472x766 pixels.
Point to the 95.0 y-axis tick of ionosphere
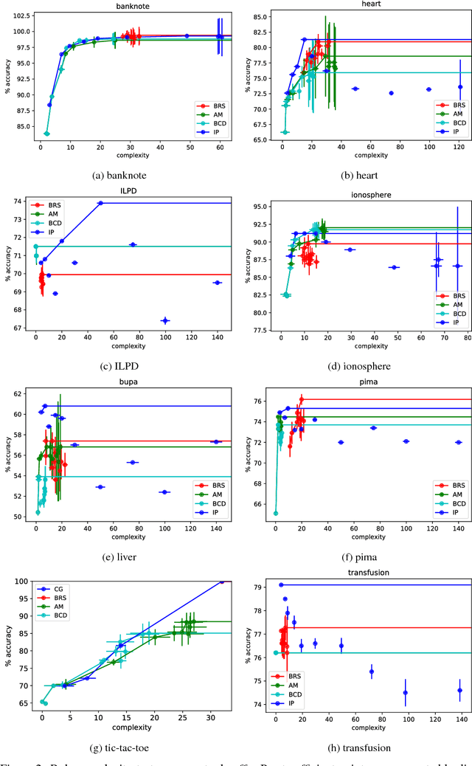[x=260, y=207]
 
